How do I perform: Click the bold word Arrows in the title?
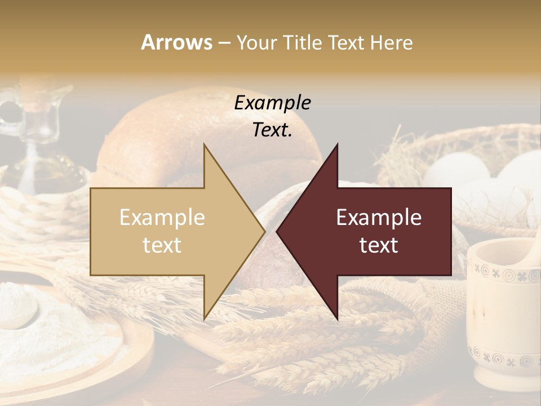click(177, 42)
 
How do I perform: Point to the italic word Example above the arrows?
click(272, 103)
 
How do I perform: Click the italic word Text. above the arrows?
click(272, 130)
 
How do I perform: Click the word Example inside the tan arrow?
click(162, 218)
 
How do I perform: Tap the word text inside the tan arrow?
click(162, 245)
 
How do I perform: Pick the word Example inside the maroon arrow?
click(379, 218)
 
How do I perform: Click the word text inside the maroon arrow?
click(379, 245)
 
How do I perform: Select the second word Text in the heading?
click(347, 42)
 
